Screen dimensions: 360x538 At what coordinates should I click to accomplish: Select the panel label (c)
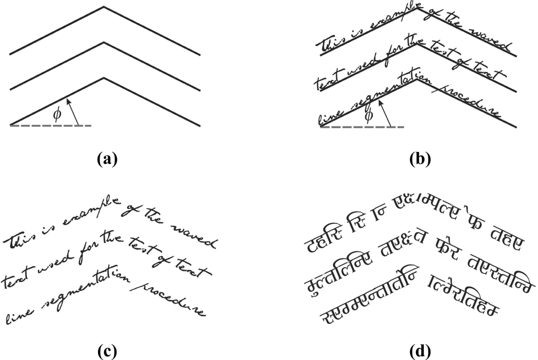click(x=105, y=351)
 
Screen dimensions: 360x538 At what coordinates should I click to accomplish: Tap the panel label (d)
click(x=420, y=351)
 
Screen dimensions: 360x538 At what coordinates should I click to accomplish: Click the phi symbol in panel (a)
click(x=59, y=114)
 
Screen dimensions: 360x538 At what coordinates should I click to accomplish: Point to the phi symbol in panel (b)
click(x=369, y=116)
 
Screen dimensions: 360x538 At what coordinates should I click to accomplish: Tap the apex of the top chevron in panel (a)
click(x=104, y=7)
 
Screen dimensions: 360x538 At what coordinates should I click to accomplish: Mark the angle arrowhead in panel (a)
click(x=67, y=101)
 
